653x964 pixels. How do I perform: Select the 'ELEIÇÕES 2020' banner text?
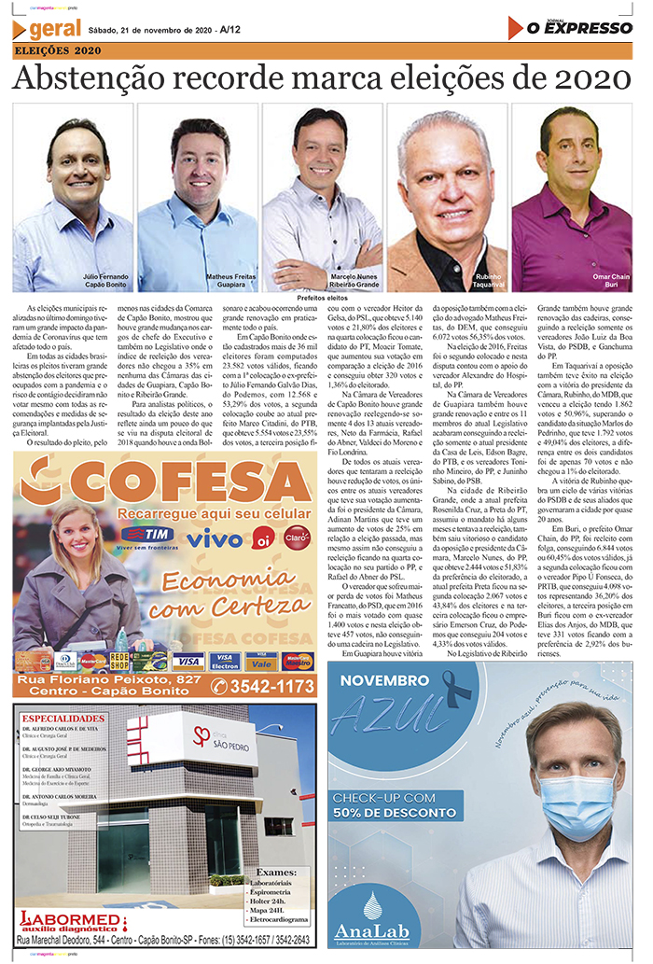(x=59, y=50)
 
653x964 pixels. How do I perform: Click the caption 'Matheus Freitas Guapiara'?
(x=231, y=281)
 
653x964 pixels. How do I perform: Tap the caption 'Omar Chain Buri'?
(x=611, y=281)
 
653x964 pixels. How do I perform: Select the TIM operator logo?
(x=147, y=534)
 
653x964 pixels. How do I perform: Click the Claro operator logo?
(x=297, y=537)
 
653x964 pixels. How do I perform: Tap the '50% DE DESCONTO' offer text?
(x=396, y=814)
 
